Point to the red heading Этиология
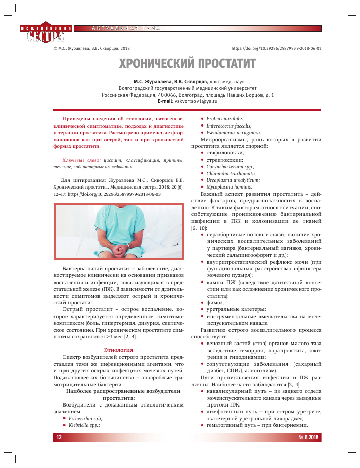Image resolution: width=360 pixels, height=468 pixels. click(118, 350)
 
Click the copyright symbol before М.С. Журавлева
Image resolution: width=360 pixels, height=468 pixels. click(55, 48)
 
